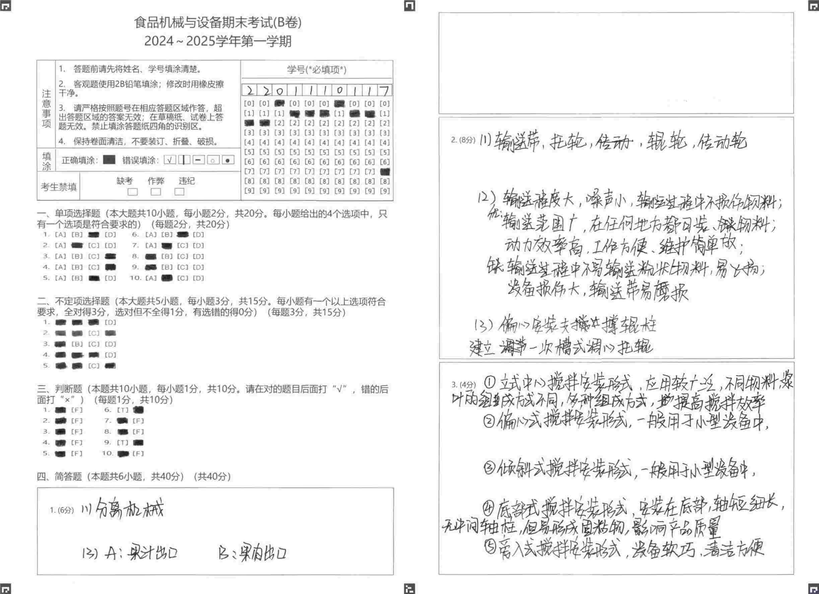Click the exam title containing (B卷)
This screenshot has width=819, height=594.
(218, 22)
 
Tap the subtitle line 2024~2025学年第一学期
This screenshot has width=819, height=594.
(218, 41)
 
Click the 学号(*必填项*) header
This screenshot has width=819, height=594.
(317, 69)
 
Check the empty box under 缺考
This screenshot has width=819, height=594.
(133, 192)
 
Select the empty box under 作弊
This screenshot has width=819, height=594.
(156, 192)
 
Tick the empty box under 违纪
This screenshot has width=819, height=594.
(180, 192)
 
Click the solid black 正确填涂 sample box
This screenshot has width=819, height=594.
(109, 160)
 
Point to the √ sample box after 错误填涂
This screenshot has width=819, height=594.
(170, 160)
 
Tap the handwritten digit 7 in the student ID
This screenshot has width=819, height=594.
(385, 90)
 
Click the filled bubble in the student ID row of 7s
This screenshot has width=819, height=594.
(385, 171)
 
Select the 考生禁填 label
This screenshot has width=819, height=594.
(59, 187)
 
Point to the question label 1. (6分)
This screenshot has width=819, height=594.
(62, 510)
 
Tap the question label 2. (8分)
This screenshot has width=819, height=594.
(463, 140)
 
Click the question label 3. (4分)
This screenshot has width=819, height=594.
(464, 385)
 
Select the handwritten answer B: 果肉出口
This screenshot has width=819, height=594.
(253, 552)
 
